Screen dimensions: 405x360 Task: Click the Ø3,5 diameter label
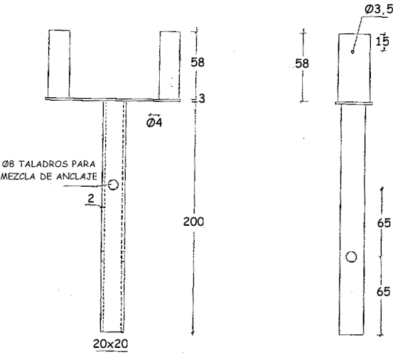[x=379, y=9]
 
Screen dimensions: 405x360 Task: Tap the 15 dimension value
[x=382, y=41]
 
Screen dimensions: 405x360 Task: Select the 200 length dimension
[x=193, y=222]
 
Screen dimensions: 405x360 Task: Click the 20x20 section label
[x=111, y=344]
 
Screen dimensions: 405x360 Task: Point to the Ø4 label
[x=154, y=122]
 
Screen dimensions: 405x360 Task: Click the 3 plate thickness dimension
[x=202, y=98]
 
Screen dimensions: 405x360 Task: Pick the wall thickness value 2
[x=91, y=199]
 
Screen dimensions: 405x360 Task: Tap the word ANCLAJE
[x=77, y=176]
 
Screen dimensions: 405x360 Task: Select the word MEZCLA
[x=18, y=176]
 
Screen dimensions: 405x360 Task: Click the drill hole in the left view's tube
[x=113, y=185]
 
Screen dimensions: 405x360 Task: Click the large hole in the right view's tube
[x=351, y=257]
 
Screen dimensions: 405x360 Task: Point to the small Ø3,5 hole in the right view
[x=352, y=52]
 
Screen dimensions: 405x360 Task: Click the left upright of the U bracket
[x=59, y=63]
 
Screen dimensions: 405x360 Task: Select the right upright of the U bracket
[x=170, y=65]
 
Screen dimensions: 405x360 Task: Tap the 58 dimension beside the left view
[x=198, y=62]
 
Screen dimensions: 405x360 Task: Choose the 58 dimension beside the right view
[x=302, y=63]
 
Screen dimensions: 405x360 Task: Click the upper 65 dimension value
[x=384, y=223]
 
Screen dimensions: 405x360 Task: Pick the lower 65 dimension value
[x=383, y=292]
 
